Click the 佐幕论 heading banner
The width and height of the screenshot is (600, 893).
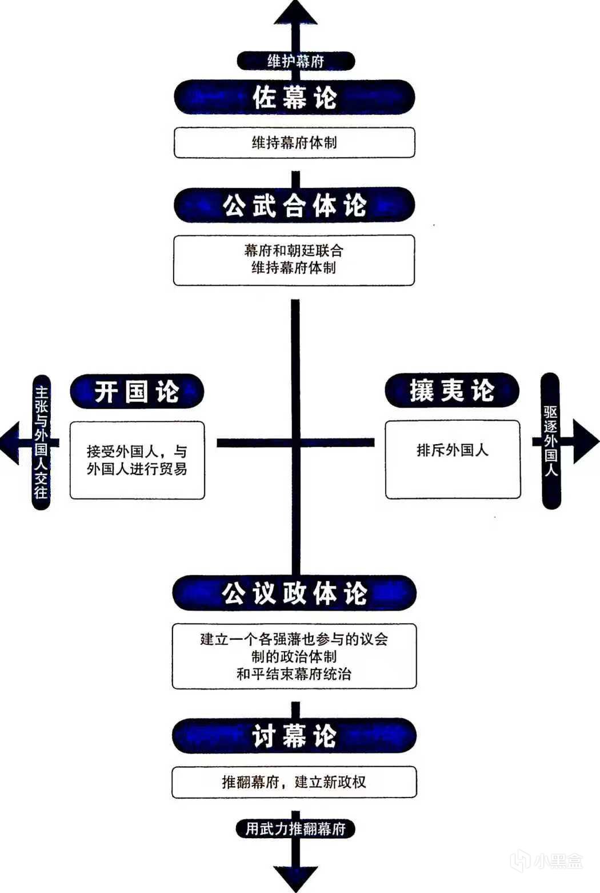pyautogui.click(x=294, y=97)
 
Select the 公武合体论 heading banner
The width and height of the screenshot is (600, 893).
pyautogui.click(x=294, y=205)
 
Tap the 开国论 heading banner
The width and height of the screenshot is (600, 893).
pyautogui.click(x=137, y=392)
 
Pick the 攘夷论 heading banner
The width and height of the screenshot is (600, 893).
pyautogui.click(x=452, y=391)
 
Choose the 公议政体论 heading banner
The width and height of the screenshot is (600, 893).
pyautogui.click(x=294, y=593)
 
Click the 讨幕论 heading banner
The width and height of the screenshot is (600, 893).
pyautogui.click(x=294, y=736)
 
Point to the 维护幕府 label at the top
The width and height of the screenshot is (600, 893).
pyautogui.click(x=295, y=61)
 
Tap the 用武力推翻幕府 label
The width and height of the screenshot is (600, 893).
pyautogui.click(x=295, y=828)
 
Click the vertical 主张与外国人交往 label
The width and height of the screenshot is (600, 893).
pyautogui.click(x=41, y=442)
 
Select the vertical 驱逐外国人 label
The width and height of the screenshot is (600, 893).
pyautogui.click(x=550, y=441)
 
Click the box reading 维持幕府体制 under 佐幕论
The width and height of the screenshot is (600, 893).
pyautogui.click(x=294, y=142)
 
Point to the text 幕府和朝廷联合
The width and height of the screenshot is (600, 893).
pyautogui.click(x=294, y=250)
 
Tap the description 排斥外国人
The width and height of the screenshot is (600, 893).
pyautogui.click(x=453, y=451)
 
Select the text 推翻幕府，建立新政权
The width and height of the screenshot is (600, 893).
pyautogui.click(x=294, y=782)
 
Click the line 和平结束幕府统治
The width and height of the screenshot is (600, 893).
pyautogui.click(x=294, y=673)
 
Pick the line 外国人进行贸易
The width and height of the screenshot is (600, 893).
pyautogui.click(x=137, y=469)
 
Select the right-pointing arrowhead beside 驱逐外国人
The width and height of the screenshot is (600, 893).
pyautogui.click(x=585, y=441)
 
